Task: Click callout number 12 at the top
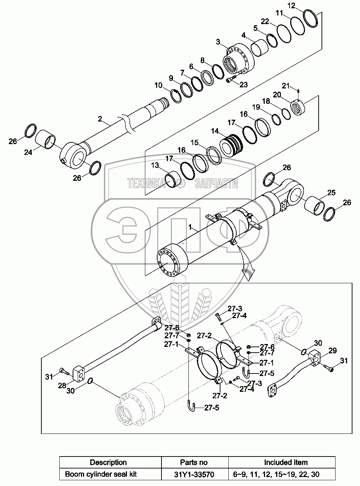[292, 5]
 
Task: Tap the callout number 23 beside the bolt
[244, 84]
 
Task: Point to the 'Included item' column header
[286, 462]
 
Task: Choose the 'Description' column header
[108, 462]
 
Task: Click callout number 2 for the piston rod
[100, 118]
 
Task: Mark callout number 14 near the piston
[215, 131]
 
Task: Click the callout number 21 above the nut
[286, 86]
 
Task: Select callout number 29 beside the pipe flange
[333, 350]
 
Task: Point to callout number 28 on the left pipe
[62, 385]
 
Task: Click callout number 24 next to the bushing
[28, 152]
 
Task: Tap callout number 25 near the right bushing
[331, 193]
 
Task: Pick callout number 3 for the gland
[218, 42]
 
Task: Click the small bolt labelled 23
[231, 79]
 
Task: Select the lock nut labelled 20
[299, 107]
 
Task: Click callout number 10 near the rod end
[159, 85]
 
